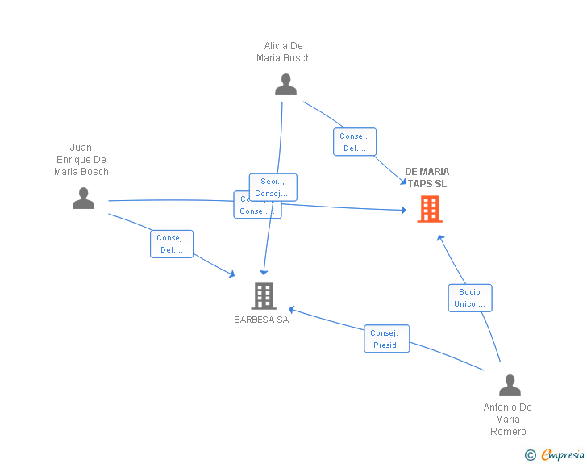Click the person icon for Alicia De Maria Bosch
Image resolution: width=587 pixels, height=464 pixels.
click(285, 85)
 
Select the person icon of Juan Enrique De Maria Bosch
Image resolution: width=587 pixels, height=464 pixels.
click(83, 198)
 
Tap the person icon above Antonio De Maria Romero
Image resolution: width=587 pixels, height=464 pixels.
click(510, 386)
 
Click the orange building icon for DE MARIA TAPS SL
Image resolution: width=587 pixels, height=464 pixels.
click(429, 209)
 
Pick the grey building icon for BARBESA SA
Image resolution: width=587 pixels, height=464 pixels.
click(263, 296)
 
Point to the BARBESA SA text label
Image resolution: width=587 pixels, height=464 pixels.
click(261, 320)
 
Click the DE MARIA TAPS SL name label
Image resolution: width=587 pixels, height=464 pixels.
click(427, 178)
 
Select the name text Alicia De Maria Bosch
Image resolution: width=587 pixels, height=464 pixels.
click(284, 52)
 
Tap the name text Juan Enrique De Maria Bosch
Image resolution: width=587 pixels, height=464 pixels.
click(81, 160)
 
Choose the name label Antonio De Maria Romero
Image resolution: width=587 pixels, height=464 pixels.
click(508, 420)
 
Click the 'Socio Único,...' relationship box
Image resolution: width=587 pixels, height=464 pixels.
click(469, 298)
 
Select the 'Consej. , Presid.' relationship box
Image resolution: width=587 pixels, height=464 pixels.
click(387, 339)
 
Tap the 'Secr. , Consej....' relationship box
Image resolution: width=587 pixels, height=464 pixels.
click(273, 187)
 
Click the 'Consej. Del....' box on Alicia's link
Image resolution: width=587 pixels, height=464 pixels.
click(354, 142)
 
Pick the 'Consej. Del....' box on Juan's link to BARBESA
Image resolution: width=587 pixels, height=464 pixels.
click(171, 244)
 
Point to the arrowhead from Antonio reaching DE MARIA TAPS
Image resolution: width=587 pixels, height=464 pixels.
click(439, 237)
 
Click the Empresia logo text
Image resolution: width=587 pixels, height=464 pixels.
click(563, 455)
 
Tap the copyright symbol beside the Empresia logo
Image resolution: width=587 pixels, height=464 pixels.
click(530, 455)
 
